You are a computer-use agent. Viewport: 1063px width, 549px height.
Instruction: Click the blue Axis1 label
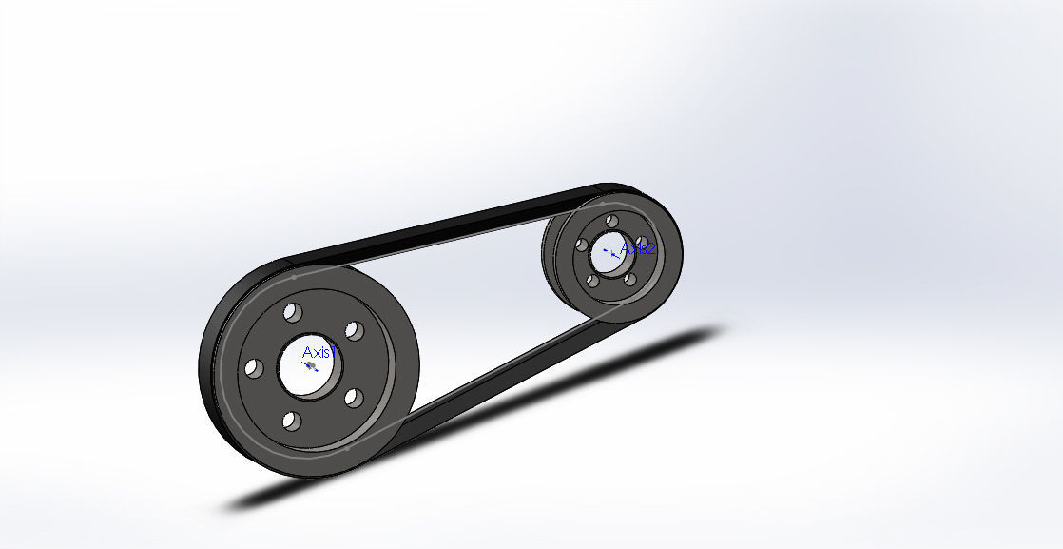(318, 352)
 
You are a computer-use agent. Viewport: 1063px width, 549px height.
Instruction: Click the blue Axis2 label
(637, 249)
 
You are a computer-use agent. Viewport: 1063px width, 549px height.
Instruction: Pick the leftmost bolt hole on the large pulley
(253, 366)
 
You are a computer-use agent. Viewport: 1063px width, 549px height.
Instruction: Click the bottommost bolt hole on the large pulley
(292, 420)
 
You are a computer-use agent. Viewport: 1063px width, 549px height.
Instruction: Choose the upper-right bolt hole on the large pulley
(352, 330)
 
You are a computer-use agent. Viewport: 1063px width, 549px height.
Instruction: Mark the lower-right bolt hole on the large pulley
(351, 397)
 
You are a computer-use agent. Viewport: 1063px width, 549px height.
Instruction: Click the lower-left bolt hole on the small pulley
(593, 281)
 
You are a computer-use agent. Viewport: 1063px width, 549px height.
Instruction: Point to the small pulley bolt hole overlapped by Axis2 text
(641, 242)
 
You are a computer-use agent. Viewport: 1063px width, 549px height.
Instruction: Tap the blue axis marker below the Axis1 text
(311, 365)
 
